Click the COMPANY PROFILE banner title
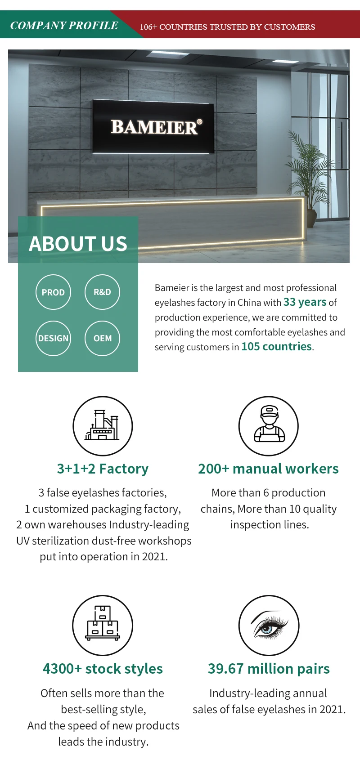point(64,26)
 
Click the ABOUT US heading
point(78,244)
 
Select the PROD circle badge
point(53,292)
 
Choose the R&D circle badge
point(102,292)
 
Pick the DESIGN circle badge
point(53,338)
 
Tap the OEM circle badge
point(102,338)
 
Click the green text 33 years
point(305,302)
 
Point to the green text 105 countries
point(276,347)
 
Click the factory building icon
point(103,425)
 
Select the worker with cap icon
point(269,425)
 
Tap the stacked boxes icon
point(103,625)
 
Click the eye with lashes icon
point(269,625)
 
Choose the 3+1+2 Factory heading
point(103,469)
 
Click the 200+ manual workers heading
point(268,469)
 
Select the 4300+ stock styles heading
point(103,669)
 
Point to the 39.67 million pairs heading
point(269,669)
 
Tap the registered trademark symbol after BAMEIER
point(200,122)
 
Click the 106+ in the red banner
point(148,27)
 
